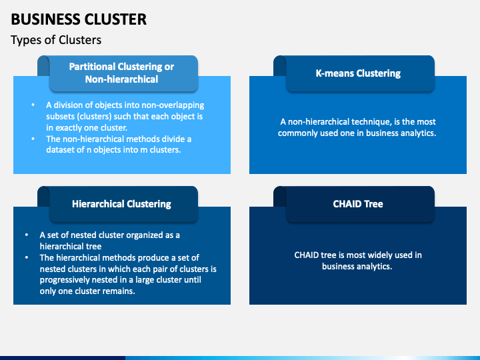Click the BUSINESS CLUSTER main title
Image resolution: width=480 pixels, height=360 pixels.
pyautogui.click(x=79, y=19)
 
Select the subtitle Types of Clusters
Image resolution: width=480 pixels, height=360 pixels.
pyautogui.click(x=56, y=40)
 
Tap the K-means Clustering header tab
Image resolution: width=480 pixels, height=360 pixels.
pyautogui.click(x=358, y=73)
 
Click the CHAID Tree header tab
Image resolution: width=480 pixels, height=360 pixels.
pyautogui.click(x=358, y=204)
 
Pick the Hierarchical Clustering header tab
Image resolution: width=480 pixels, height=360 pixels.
pyautogui.click(x=121, y=204)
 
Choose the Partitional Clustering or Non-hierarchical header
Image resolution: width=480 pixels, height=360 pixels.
pyautogui.click(x=121, y=73)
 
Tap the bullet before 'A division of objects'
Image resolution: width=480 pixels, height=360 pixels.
pyautogui.click(x=33, y=105)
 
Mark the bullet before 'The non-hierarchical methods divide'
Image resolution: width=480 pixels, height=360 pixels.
pyautogui.click(x=33, y=139)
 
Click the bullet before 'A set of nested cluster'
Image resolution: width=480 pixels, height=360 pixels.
pyautogui.click(x=27, y=235)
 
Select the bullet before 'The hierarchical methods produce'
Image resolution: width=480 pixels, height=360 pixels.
pyautogui.click(x=27, y=257)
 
